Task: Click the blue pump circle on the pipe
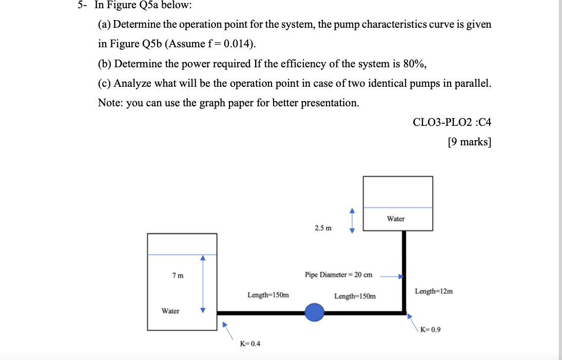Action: click(x=315, y=312)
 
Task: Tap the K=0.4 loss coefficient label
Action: click(x=250, y=344)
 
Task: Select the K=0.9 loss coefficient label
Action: click(x=430, y=330)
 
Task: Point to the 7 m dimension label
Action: click(x=178, y=276)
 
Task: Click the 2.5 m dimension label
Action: click(x=323, y=228)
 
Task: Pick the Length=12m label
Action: click(x=434, y=291)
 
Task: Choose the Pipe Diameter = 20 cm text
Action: click(x=338, y=275)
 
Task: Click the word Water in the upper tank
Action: click(x=396, y=219)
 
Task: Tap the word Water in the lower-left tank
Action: click(x=170, y=311)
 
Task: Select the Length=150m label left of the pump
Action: click(x=268, y=295)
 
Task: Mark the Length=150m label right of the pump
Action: click(x=355, y=296)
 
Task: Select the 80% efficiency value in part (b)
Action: click(x=413, y=64)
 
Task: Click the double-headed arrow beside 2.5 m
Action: click(x=352, y=220)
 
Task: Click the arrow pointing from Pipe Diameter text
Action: click(x=392, y=276)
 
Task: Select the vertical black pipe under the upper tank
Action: click(x=404, y=270)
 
